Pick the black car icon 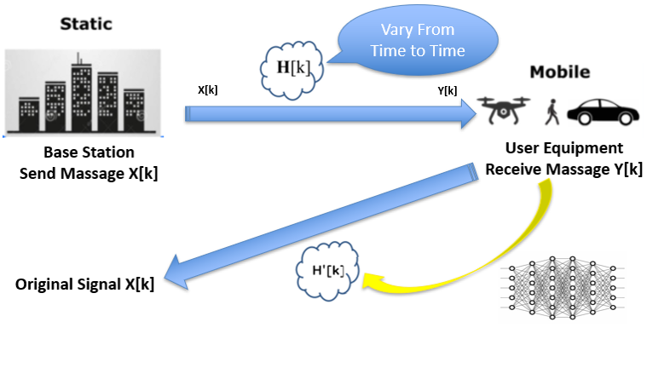coord(604,112)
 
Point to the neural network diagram coord(567,286)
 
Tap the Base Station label coord(89,153)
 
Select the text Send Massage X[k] coord(89,173)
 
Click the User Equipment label coord(563,148)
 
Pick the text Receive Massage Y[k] coord(563,169)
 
